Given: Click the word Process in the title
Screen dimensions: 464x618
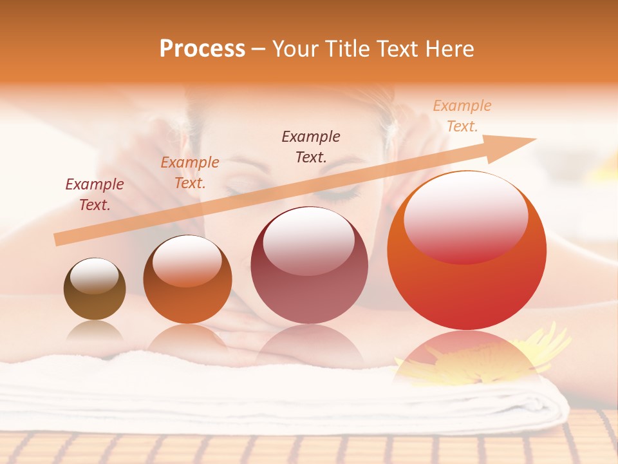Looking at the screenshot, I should [x=202, y=48].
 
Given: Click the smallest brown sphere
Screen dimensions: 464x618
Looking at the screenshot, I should [x=95, y=289].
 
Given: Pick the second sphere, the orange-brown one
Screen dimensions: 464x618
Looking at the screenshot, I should [x=187, y=279].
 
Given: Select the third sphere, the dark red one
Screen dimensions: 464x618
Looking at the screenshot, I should [x=309, y=265].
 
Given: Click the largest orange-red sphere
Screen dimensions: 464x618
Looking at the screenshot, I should [x=467, y=251].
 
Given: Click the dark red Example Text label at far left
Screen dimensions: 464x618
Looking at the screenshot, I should [x=95, y=195].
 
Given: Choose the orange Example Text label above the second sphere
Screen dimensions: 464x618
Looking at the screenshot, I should [x=190, y=173].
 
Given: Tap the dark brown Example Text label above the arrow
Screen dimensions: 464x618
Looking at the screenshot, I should [x=311, y=146].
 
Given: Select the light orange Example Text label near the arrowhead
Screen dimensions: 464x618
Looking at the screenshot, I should [x=462, y=116].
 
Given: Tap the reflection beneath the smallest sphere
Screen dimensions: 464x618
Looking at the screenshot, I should [x=95, y=331].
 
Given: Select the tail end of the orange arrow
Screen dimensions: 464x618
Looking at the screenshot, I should [x=58, y=240].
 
